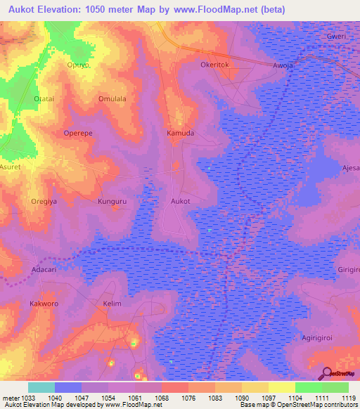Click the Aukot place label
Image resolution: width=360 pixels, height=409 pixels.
click(x=181, y=201)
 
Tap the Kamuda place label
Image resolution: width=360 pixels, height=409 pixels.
click(x=180, y=133)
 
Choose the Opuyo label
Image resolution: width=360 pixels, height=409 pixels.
click(x=78, y=65)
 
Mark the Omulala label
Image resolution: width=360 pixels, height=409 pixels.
click(x=112, y=99)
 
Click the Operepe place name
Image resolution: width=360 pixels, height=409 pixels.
click(x=78, y=133)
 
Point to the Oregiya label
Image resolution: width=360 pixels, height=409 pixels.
click(x=44, y=201)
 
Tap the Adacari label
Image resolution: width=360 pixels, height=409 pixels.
click(x=44, y=269)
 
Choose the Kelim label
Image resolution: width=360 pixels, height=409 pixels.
click(x=112, y=304)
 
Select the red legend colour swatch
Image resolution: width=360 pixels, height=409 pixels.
click(x=175, y=387)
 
